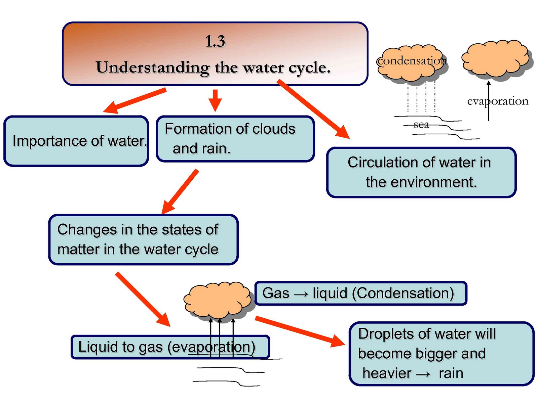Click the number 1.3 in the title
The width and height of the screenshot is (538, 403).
click(215, 41)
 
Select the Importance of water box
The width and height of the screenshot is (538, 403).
click(76, 141)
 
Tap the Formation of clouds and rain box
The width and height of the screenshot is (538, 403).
click(235, 139)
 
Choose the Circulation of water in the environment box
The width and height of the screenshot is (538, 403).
click(421, 172)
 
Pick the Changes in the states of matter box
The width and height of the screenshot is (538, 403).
click(143, 239)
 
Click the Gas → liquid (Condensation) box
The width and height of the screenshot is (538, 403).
click(360, 293)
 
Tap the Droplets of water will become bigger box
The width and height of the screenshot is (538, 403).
click(441, 354)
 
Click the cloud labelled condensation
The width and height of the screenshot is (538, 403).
click(412, 62)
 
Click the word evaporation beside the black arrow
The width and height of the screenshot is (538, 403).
click(498, 101)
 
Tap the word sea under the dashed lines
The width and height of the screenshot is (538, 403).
click(421, 125)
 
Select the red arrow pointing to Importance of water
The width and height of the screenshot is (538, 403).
click(134, 101)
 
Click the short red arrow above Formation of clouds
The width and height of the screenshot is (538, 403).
click(215, 100)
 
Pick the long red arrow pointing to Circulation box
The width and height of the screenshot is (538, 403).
click(313, 109)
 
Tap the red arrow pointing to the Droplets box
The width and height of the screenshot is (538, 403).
click(299, 331)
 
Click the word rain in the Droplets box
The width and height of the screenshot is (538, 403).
click(451, 373)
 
